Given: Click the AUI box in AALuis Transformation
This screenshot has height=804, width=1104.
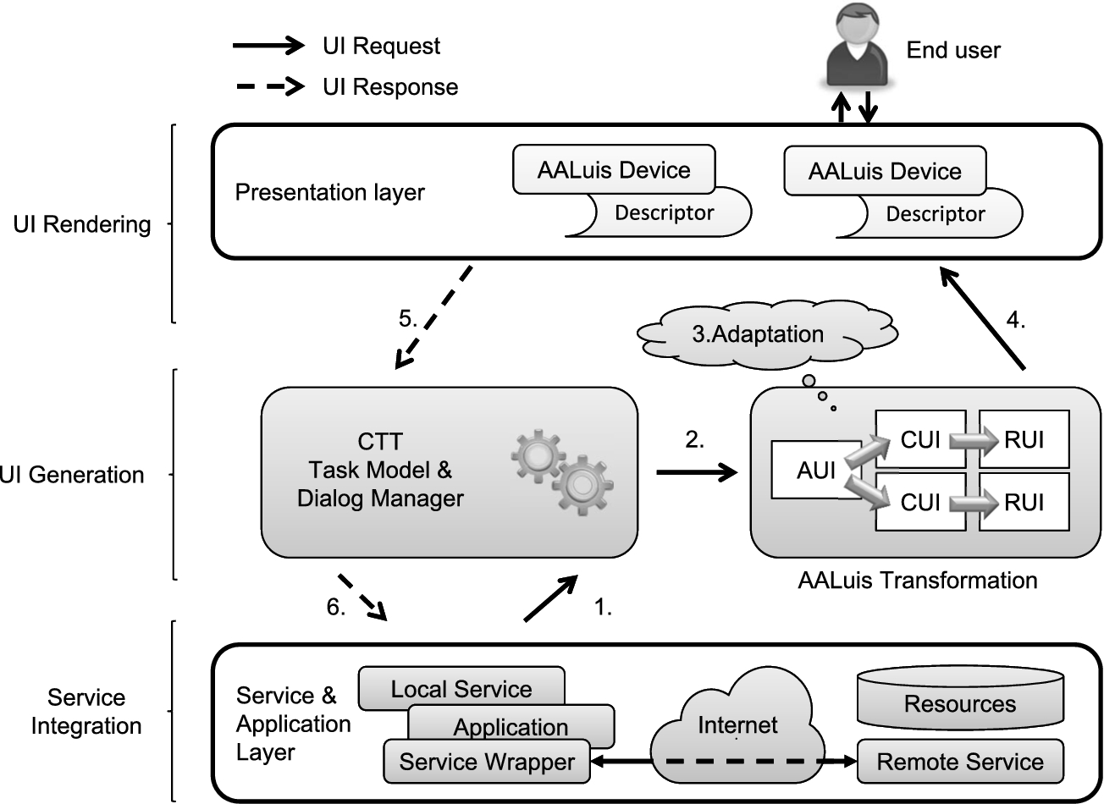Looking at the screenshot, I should [x=815, y=470].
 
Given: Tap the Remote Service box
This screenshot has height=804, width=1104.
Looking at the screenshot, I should [x=959, y=762].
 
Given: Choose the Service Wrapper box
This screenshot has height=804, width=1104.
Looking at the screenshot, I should [x=487, y=762].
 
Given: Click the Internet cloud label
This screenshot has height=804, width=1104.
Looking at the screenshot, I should [x=737, y=725].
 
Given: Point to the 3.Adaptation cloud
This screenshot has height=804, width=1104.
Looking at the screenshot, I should [x=768, y=334].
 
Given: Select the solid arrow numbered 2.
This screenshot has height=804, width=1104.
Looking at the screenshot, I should [x=697, y=471].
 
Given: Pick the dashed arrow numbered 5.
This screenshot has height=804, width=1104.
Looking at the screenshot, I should [x=432, y=317].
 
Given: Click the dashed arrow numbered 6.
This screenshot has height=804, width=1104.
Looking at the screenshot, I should [x=362, y=597].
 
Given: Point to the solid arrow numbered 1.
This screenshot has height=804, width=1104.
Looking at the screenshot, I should [x=551, y=598].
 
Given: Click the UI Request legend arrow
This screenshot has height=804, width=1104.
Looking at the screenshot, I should [x=268, y=46].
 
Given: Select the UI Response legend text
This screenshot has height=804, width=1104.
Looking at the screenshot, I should [x=390, y=87].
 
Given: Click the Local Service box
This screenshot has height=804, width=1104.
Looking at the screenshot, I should [x=461, y=689].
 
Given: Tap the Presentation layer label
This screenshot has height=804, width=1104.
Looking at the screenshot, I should [x=329, y=192].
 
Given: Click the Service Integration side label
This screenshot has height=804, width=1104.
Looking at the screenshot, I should [x=86, y=712].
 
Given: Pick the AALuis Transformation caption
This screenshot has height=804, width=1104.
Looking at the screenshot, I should [x=917, y=581].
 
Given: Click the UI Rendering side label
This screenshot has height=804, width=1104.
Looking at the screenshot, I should [x=81, y=224].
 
